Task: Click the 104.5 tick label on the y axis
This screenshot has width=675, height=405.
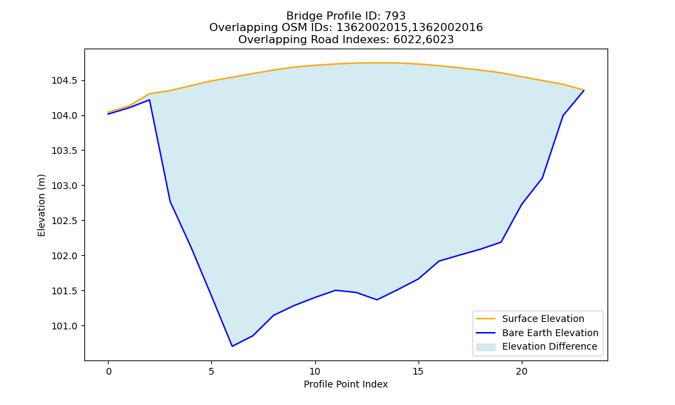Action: pos(65,81)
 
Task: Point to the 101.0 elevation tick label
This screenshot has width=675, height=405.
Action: pos(65,326)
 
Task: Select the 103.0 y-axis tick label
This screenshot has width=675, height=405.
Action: pos(65,186)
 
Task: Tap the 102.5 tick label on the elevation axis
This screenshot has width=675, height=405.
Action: pos(65,221)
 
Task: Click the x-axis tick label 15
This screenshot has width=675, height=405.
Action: pos(418,371)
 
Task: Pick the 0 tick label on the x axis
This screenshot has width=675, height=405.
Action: pos(109,371)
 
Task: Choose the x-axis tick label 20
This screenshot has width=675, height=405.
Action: pos(522,371)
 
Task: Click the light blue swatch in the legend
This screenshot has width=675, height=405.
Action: pos(485,347)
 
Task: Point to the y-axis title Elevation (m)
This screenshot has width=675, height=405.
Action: pos(41,205)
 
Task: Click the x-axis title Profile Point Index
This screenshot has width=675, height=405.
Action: pos(346,384)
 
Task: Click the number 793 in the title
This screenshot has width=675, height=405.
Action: pos(395,16)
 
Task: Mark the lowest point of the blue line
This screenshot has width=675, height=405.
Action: pos(232,346)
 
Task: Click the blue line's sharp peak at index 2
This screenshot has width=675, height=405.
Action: pos(149,100)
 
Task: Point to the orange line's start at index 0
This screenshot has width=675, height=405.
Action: pos(109,112)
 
